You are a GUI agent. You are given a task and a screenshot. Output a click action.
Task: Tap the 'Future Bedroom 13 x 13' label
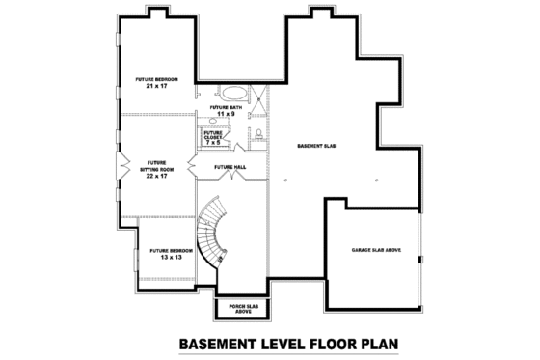click(171, 254)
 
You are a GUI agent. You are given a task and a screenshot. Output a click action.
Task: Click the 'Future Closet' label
click(213, 136)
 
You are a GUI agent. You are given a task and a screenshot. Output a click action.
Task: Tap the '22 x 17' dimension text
click(157, 175)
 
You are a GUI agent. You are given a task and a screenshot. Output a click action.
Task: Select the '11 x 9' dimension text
click(227, 115)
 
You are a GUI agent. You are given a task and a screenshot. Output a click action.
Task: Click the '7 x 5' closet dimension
click(213, 142)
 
